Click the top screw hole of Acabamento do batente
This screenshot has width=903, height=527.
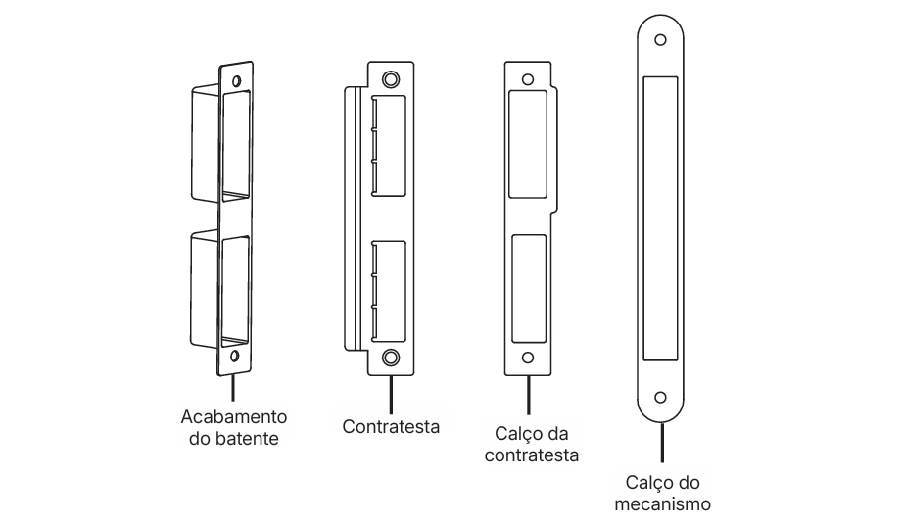(235, 80)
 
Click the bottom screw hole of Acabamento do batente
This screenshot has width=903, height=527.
(234, 356)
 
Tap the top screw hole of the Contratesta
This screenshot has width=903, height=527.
(391, 79)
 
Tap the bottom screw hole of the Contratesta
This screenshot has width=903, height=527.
(391, 358)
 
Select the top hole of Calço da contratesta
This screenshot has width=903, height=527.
(528, 79)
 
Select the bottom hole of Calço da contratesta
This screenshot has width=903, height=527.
(528, 358)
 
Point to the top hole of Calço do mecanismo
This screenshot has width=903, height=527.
(660, 40)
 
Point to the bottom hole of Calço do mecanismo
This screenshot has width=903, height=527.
(660, 398)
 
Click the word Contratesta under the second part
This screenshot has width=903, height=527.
(391, 427)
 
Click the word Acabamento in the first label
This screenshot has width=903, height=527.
(234, 417)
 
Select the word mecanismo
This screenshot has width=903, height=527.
(662, 504)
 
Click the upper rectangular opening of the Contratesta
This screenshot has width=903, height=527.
(388, 146)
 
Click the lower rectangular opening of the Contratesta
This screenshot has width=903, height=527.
(388, 290)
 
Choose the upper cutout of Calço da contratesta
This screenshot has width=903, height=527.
(528, 144)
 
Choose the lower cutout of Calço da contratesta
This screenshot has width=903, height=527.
(529, 289)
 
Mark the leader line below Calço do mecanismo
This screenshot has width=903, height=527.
(662, 443)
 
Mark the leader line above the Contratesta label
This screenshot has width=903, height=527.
(391, 395)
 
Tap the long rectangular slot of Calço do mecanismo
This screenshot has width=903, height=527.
(660, 218)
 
